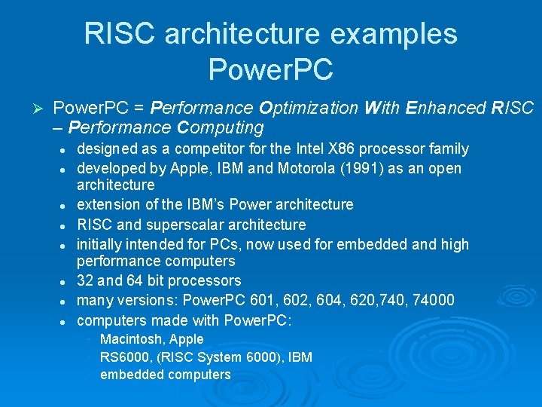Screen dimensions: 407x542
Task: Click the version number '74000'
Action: point(434,301)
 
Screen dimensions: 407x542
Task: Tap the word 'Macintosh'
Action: point(129,339)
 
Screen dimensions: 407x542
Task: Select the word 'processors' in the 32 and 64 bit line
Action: point(206,281)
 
